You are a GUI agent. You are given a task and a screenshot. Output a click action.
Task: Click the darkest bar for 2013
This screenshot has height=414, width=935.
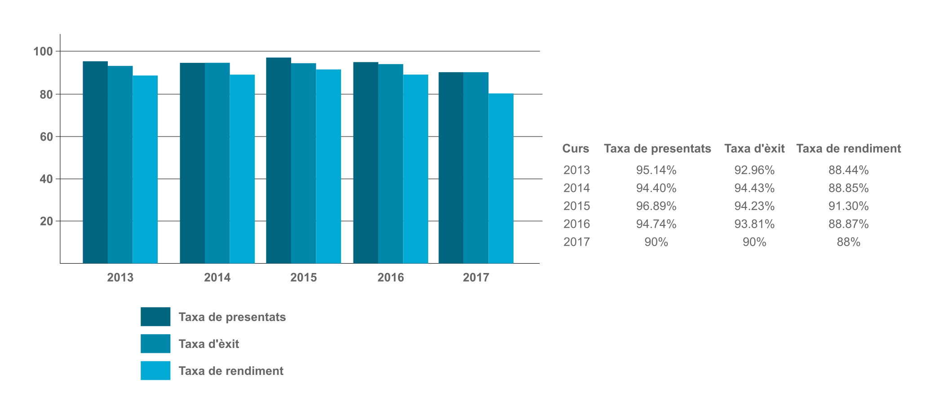(95, 162)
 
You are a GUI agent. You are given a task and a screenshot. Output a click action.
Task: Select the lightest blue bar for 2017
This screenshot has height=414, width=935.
(501, 178)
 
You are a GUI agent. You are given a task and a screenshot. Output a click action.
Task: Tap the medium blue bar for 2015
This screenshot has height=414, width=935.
(303, 163)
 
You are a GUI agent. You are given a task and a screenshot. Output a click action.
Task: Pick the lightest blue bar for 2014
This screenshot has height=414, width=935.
(242, 169)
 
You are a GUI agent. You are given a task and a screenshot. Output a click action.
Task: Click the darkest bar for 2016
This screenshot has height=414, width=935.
(365, 163)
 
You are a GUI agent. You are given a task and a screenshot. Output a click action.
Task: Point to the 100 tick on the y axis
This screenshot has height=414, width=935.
(43, 52)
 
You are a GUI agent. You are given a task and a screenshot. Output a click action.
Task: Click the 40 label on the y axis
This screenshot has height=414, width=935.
(46, 179)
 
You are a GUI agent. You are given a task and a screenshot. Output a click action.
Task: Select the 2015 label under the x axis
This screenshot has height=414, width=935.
(303, 277)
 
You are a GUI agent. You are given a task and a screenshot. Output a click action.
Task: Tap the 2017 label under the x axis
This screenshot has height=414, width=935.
(476, 277)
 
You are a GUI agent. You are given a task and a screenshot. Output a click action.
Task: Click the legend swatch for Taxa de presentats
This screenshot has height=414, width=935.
(155, 317)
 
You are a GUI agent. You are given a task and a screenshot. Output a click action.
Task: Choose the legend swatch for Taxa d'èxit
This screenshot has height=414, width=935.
(155, 344)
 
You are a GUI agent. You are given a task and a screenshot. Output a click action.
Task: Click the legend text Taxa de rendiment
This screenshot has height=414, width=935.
(231, 371)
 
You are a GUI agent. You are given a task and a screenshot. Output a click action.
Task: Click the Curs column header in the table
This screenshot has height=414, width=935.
(576, 149)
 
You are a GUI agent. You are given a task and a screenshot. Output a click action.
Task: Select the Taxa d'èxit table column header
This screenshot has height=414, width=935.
(754, 149)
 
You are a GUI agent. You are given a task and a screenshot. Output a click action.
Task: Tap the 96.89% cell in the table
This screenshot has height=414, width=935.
(656, 206)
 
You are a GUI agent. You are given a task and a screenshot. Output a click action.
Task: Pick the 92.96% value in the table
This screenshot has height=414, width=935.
(754, 170)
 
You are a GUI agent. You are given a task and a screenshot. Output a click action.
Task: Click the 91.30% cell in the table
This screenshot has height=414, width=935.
(848, 206)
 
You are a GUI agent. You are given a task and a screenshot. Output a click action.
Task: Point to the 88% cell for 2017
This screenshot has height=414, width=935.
(848, 242)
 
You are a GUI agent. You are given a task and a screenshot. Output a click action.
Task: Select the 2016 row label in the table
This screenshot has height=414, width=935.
(576, 224)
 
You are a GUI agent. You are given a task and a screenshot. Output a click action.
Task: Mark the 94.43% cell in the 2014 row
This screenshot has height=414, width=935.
(754, 188)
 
